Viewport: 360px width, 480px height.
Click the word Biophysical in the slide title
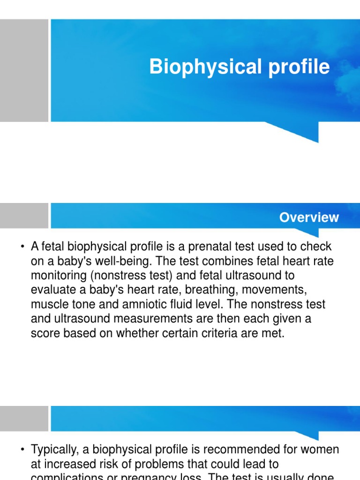point(202,67)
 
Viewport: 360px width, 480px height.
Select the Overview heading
point(308,217)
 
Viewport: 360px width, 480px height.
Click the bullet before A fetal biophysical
point(22,247)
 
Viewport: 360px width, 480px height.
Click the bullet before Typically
point(22,450)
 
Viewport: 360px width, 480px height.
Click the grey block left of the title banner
point(24,70)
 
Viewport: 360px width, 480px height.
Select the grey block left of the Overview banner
point(24,216)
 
